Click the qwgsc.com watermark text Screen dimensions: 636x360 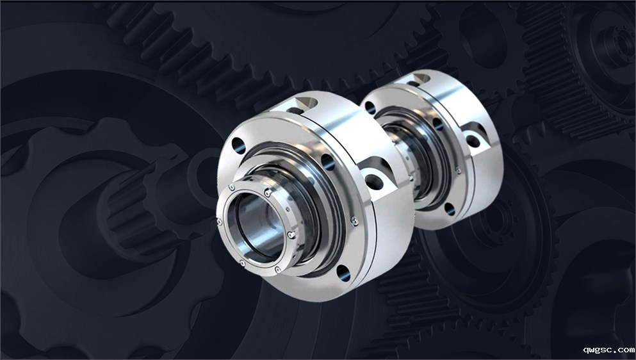[609, 350]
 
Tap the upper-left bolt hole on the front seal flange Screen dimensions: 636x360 [238, 145]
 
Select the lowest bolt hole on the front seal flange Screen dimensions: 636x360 [343, 273]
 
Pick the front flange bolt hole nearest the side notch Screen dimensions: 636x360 [328, 162]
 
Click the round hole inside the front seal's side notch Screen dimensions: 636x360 [374, 182]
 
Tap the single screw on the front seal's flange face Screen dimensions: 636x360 [354, 221]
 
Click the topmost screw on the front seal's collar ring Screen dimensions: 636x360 [267, 193]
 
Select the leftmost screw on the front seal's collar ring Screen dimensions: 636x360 [220, 222]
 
